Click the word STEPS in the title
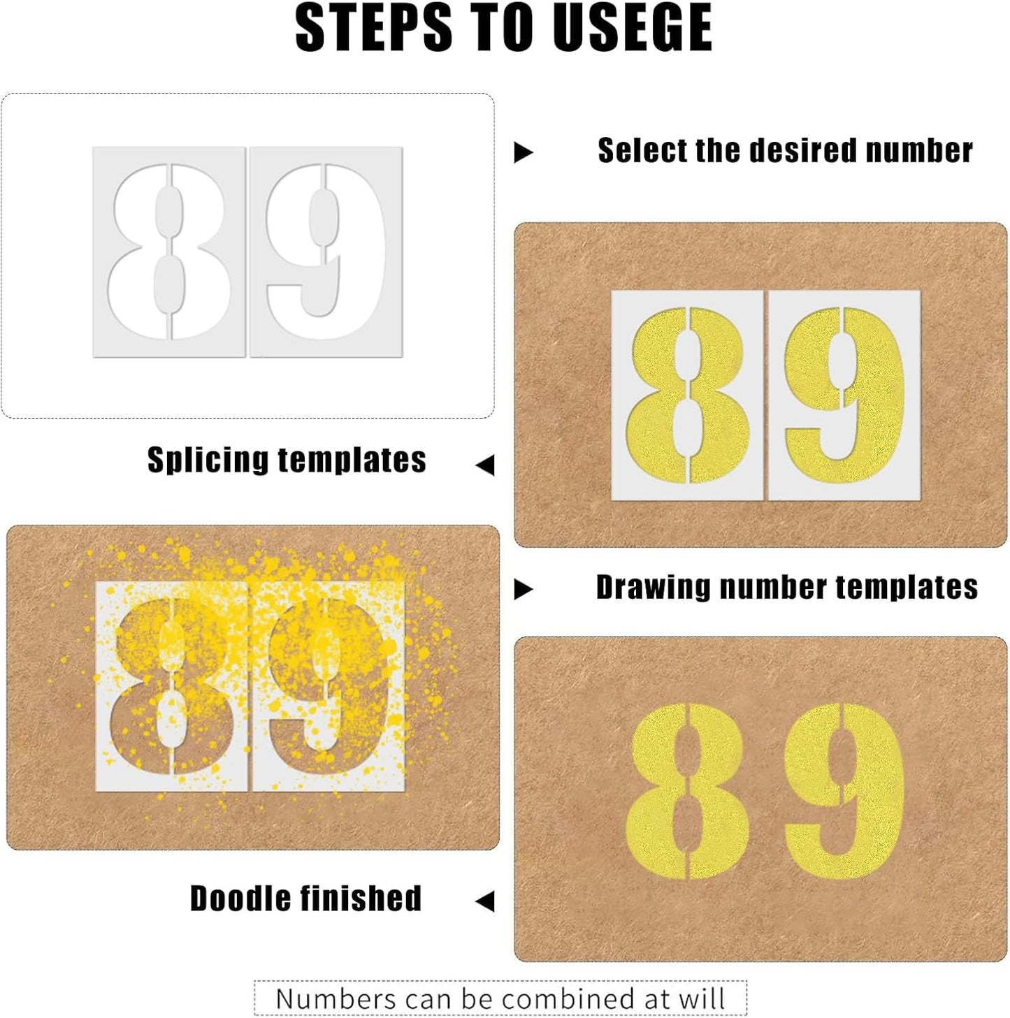click(374, 28)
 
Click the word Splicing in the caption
click(207, 460)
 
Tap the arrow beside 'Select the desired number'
click(523, 152)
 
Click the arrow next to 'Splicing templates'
click(485, 465)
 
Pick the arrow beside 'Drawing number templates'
click(523, 590)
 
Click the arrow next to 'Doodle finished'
click(485, 901)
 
